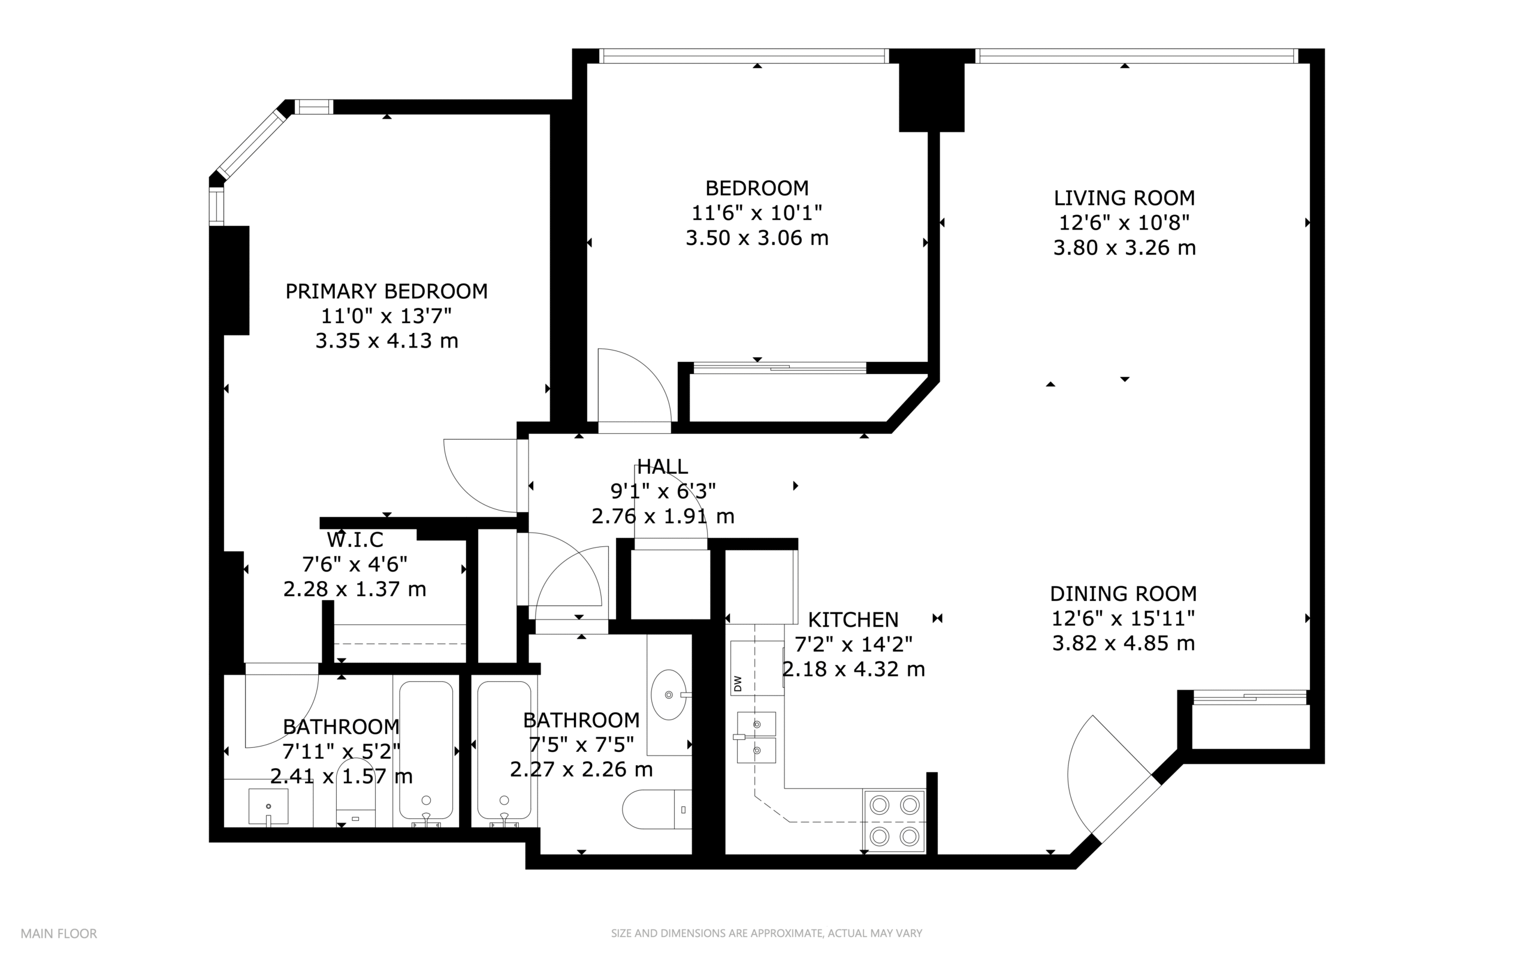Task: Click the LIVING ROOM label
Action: click(1124, 198)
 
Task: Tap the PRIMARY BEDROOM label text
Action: click(386, 291)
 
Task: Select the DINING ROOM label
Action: click(1124, 594)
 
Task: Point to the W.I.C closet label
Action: click(355, 540)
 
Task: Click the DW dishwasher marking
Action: click(738, 684)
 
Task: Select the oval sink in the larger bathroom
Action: click(669, 694)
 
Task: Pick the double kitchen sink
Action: click(756, 737)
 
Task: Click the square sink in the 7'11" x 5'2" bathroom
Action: click(268, 806)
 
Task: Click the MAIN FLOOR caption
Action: click(59, 933)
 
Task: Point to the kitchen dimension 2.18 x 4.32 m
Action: click(853, 669)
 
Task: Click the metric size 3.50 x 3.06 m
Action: click(757, 238)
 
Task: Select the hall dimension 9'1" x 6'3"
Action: click(663, 491)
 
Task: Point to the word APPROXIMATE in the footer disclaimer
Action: click(786, 933)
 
